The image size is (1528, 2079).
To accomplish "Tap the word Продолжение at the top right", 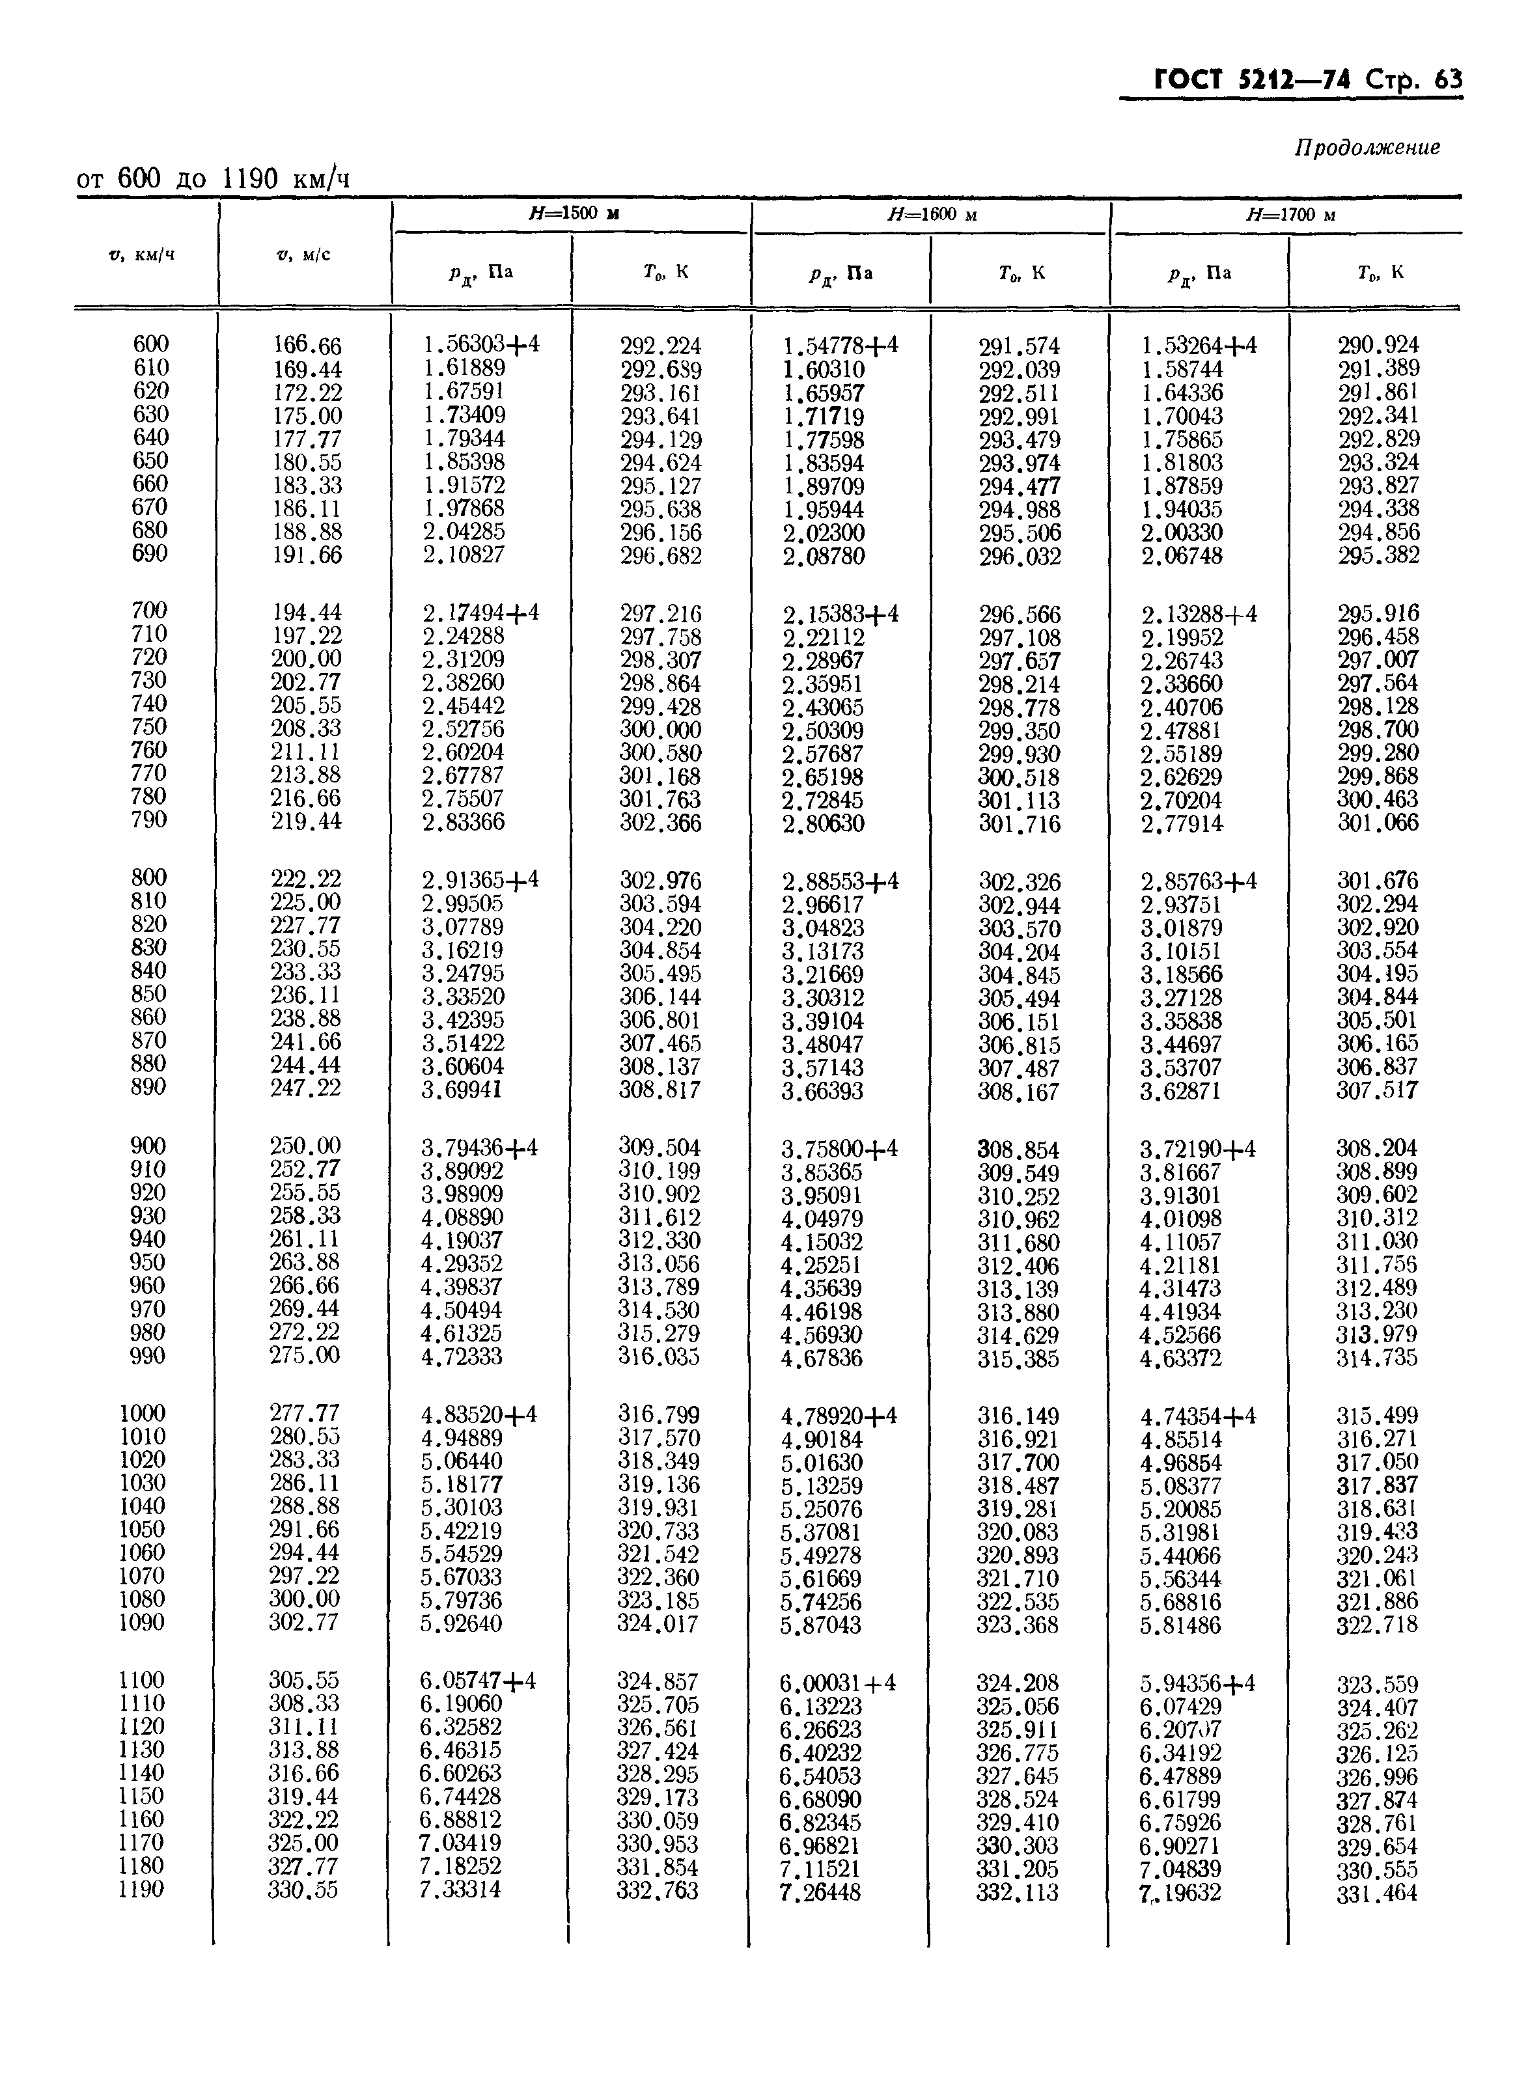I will [x=1366, y=148].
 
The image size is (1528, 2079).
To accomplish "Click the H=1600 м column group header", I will [x=932, y=215].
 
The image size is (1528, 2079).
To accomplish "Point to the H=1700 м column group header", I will [x=1290, y=215].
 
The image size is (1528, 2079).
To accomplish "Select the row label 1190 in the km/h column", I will [x=141, y=1888].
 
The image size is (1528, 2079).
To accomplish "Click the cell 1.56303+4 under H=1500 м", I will [x=481, y=345].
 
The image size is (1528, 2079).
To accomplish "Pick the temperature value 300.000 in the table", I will [x=660, y=730].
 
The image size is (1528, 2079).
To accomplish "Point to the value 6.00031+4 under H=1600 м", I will [x=838, y=1682].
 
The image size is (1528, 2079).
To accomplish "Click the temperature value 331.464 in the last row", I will [x=1376, y=1893].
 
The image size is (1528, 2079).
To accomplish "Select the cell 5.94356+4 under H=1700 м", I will [x=1198, y=1682].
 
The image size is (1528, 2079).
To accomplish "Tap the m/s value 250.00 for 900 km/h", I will [x=305, y=1146].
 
